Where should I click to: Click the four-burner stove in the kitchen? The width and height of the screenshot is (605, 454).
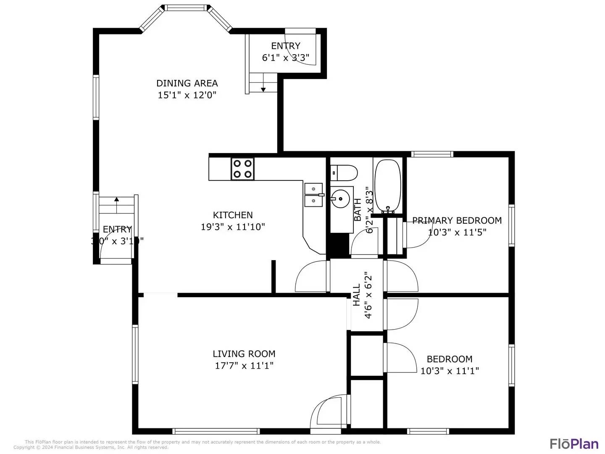[242, 169]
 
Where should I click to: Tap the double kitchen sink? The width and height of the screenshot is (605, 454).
[313, 195]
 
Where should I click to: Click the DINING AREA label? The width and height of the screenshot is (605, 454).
[187, 83]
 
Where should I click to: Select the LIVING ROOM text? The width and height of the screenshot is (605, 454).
[244, 354]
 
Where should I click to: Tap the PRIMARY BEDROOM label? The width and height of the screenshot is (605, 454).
[457, 220]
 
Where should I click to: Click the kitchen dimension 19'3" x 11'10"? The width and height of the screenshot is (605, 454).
[233, 227]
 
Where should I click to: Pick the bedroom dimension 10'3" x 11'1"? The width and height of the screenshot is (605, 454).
[450, 371]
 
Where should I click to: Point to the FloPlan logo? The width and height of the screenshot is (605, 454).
[574, 443]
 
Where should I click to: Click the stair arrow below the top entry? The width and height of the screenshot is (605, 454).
[263, 89]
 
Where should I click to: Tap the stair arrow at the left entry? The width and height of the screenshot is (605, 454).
[116, 200]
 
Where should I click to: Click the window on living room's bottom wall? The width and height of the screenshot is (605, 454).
[216, 431]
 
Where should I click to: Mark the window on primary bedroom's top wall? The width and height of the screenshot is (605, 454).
[432, 154]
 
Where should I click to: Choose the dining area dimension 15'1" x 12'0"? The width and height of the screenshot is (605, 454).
[187, 95]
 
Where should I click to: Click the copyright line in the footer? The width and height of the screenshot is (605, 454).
[91, 447]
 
